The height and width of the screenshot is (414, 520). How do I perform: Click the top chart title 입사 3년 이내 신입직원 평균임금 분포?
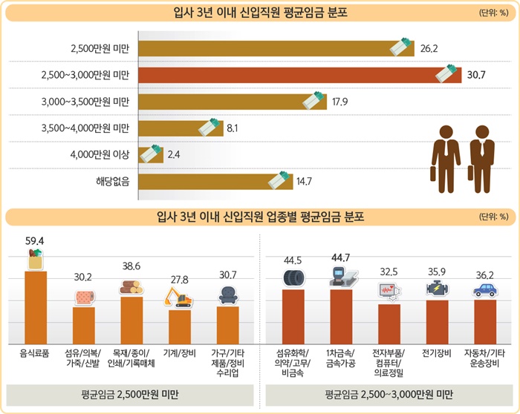[x=259, y=13]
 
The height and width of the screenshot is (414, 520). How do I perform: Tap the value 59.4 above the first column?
[x=35, y=241]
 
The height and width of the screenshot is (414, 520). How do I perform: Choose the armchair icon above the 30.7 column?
[x=227, y=296]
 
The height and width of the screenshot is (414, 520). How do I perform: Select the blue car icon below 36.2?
[x=484, y=289]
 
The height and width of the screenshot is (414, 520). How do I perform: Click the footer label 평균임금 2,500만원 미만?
[x=131, y=395]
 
